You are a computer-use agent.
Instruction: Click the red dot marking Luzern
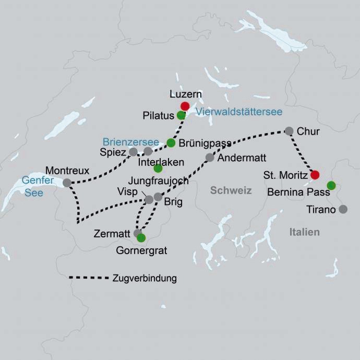pos(185,106)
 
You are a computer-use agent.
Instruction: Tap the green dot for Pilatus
pos(181,115)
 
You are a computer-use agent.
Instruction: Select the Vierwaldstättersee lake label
pos(239,112)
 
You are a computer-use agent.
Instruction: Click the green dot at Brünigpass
pos(171,142)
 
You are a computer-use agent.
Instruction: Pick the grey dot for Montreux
pos(67,183)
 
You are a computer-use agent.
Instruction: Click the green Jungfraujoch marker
pos(158,169)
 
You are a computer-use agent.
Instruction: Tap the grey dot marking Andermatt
pos(210,157)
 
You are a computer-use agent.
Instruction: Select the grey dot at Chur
pos(289,131)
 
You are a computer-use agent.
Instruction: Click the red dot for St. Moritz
pos(315,175)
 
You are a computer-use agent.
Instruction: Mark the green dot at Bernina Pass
pos(331,185)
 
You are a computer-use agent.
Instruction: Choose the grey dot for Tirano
pos(343,209)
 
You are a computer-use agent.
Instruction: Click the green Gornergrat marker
pos(141,238)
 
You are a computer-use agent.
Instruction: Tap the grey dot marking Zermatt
pos(138,233)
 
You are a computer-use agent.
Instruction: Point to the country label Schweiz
pos(231,190)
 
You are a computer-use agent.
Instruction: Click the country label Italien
pos(305,232)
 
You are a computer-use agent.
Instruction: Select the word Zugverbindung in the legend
pos(145,278)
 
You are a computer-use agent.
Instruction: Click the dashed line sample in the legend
pos(88,278)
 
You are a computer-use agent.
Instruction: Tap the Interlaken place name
pos(161,162)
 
